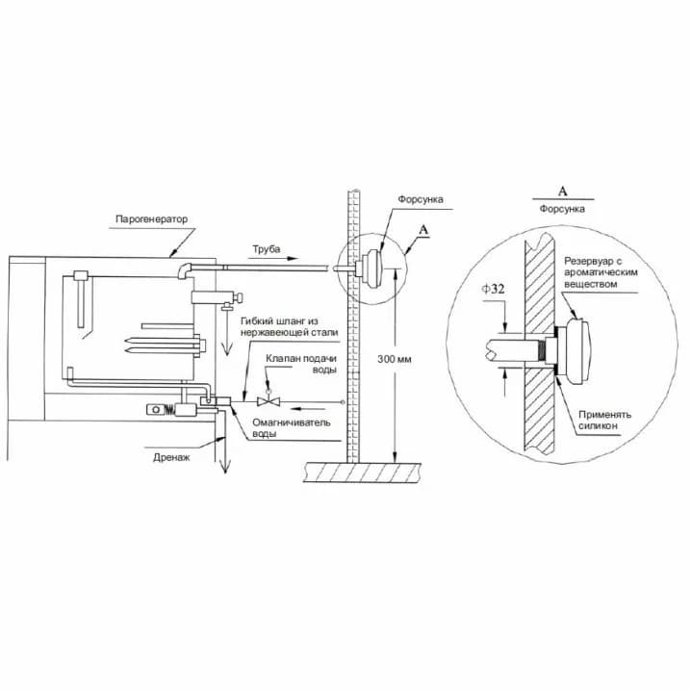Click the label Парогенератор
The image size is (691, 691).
[151, 219]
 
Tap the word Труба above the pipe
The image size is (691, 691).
[267, 249]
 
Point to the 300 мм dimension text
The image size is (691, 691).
[394, 359]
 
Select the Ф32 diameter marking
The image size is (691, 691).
[493, 289]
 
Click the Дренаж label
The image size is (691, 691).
[171, 457]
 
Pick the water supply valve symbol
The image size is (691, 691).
[269, 401]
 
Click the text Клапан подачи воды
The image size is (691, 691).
[301, 364]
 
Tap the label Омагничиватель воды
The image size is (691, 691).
[292, 428]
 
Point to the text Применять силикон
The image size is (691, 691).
[604, 420]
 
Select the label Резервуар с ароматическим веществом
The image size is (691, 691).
[601, 272]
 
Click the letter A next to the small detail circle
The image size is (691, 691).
[423, 230]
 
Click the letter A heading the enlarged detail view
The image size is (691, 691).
[563, 192]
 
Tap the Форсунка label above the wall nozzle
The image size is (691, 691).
[421, 199]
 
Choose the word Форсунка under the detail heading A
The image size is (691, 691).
[562, 209]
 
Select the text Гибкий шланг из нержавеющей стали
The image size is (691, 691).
[289, 326]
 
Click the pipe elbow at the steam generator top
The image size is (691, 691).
[184, 270]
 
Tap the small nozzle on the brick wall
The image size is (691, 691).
[370, 269]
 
